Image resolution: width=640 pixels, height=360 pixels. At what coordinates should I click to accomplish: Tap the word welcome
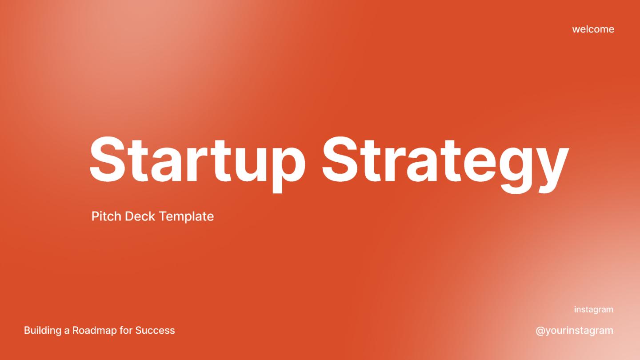pyautogui.click(x=593, y=29)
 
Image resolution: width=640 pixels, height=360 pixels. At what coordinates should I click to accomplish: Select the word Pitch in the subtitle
pyautogui.click(x=106, y=216)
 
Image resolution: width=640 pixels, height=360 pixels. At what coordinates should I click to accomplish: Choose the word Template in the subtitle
pyautogui.click(x=186, y=216)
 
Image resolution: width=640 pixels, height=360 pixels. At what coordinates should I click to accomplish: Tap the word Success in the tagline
pyautogui.click(x=155, y=331)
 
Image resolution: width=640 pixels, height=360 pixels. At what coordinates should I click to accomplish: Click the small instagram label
pyautogui.click(x=593, y=309)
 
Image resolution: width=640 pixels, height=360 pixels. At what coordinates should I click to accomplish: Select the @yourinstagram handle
pyautogui.click(x=574, y=331)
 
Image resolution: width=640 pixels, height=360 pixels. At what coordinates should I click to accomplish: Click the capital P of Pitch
pyautogui.click(x=95, y=216)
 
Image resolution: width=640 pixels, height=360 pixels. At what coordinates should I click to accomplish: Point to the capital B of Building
pyautogui.click(x=27, y=331)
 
